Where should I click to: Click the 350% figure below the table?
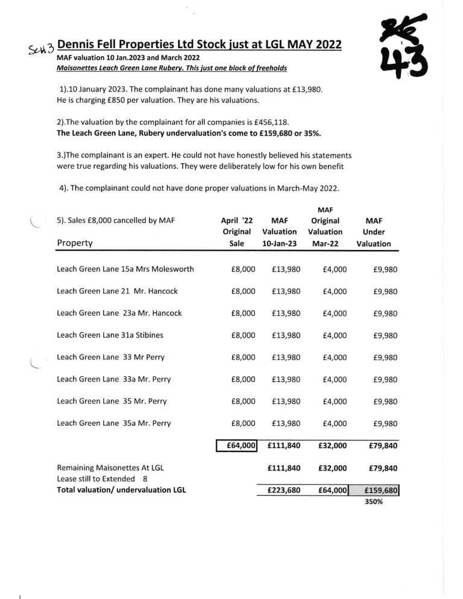tap(374, 501)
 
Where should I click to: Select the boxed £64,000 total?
tap(238, 446)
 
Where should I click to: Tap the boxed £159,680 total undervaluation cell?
tap(381, 490)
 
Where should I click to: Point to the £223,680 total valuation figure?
tap(283, 490)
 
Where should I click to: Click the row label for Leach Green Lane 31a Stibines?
tap(110, 335)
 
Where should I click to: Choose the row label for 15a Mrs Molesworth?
tap(125, 269)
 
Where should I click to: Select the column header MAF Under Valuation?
tap(373, 232)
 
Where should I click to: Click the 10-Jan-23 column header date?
tap(280, 243)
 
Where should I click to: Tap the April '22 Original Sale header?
tap(236, 232)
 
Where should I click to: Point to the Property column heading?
tap(75, 243)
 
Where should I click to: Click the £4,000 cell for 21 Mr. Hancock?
tap(335, 291)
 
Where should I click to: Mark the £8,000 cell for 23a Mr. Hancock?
tap(243, 313)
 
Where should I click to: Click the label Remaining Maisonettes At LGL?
tap(110, 468)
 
